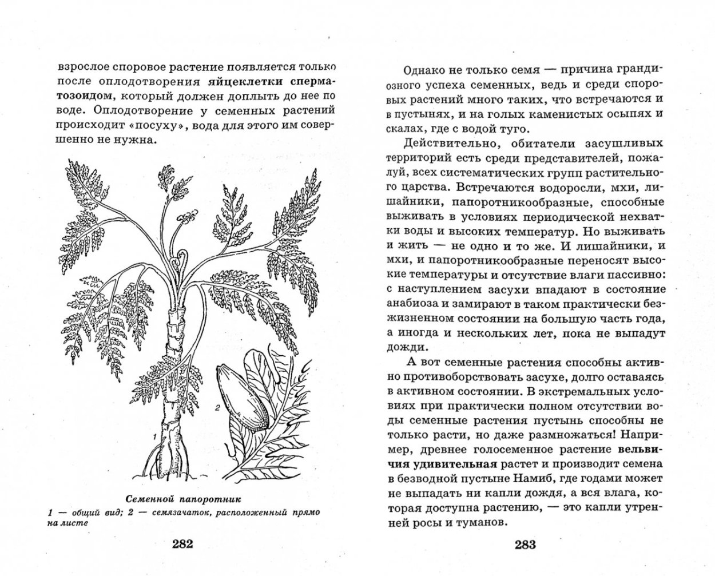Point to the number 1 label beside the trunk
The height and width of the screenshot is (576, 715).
coord(154,436)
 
